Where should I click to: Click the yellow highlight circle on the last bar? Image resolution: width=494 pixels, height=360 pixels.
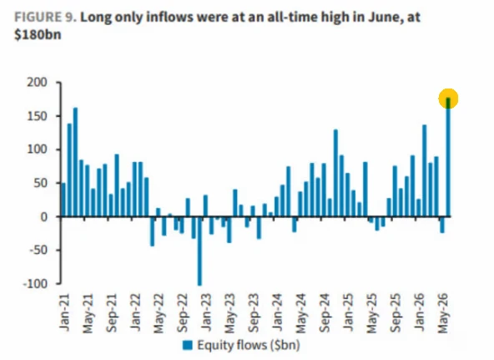[448, 99]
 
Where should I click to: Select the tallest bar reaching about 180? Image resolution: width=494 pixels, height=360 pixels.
[448, 157]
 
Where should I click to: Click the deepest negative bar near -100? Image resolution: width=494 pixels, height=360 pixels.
[199, 251]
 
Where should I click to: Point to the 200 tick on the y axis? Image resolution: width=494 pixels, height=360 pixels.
[37, 83]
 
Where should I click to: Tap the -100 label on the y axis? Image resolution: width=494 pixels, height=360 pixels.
[35, 283]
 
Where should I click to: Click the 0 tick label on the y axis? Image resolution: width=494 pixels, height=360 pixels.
[43, 217]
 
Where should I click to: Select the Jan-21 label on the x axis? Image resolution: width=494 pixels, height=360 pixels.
[64, 312]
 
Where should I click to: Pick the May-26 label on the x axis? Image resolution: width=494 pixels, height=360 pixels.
[442, 313]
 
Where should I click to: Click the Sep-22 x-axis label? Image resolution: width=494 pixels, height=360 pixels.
[183, 313]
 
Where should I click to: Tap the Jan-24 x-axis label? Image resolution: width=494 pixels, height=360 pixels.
[277, 312]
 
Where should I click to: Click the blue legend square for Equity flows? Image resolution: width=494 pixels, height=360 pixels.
[188, 345]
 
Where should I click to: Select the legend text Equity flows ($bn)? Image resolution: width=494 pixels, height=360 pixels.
[249, 345]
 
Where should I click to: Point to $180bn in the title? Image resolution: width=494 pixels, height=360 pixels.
[38, 34]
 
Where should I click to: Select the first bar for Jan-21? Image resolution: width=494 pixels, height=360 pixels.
[63, 200]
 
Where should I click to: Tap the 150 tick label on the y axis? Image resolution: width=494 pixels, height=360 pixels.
[37, 116]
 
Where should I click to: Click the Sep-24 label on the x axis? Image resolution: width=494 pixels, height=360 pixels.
[325, 313]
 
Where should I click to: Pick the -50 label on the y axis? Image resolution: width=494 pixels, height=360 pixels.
[37, 251]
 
